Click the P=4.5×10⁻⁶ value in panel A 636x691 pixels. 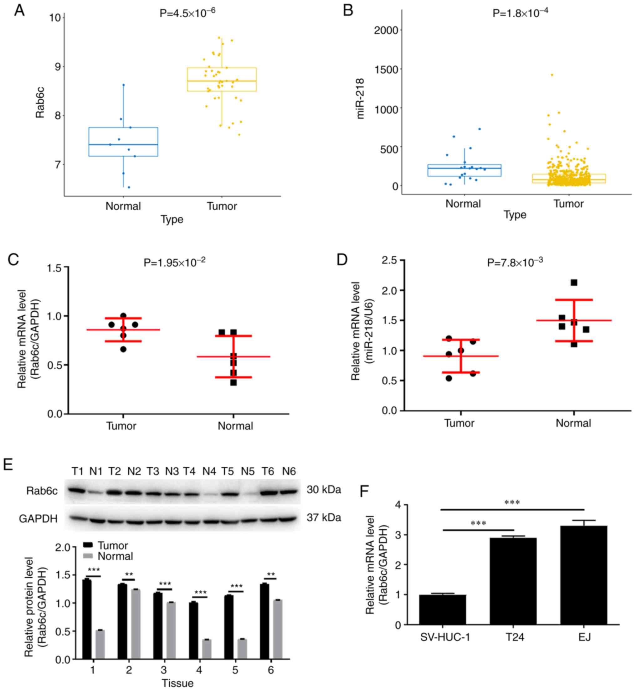(187, 13)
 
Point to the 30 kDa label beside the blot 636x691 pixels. (324, 490)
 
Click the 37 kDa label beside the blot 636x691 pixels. (324, 517)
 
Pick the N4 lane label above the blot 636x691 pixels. (209, 471)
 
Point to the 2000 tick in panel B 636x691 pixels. (386, 30)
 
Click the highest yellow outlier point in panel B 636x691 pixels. (552, 75)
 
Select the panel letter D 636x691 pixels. (342, 259)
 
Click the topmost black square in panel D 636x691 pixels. (574, 283)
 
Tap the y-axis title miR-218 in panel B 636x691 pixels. (360, 99)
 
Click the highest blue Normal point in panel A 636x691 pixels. (124, 85)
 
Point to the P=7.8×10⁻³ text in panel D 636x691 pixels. (515, 262)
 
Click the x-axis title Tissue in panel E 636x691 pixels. (177, 683)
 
